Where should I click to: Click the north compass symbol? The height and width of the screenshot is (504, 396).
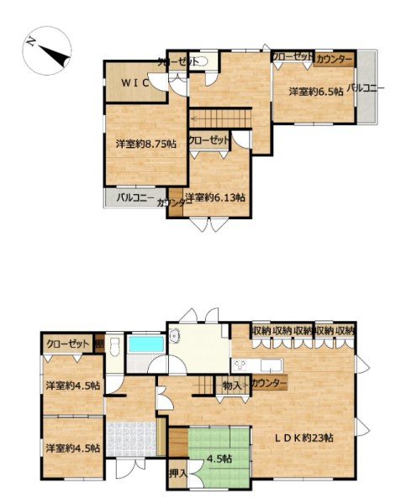(x=47, y=51)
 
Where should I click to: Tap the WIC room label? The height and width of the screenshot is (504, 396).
(x=135, y=83)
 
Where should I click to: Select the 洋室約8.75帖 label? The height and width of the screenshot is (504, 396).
(x=146, y=144)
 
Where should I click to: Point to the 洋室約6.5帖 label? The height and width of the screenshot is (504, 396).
(x=315, y=92)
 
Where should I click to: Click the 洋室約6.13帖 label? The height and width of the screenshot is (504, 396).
(x=215, y=197)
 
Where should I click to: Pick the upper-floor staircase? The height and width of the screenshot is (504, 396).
(x=220, y=118)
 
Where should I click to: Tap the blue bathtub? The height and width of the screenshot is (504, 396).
(x=146, y=344)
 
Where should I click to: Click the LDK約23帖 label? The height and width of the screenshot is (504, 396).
(x=304, y=438)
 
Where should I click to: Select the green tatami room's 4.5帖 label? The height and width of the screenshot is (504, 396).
(x=219, y=459)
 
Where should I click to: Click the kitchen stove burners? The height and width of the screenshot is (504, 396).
(x=240, y=365)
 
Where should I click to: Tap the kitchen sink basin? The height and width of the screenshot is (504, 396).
(x=271, y=365)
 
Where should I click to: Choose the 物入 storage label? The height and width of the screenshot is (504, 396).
(x=232, y=386)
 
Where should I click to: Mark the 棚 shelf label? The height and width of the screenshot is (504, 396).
(x=99, y=344)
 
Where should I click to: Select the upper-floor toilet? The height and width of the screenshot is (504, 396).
(x=198, y=61)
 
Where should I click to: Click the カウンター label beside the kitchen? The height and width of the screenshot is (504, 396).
(x=269, y=383)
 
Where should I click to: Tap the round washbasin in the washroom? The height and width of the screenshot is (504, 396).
(x=175, y=336)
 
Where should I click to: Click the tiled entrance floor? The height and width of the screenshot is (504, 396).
(x=131, y=438)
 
